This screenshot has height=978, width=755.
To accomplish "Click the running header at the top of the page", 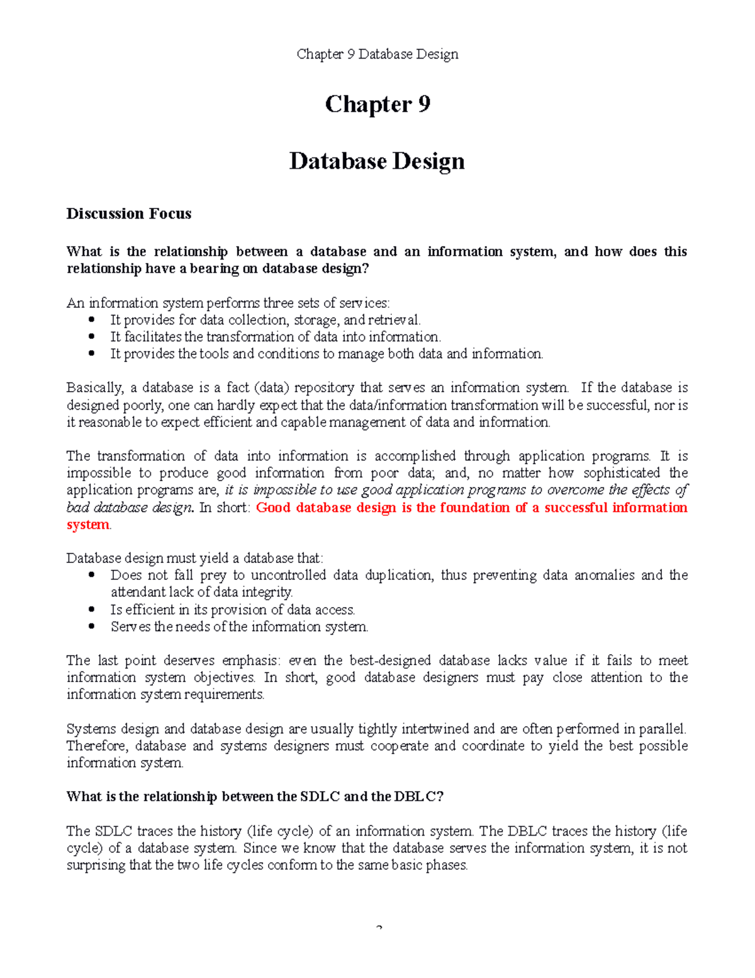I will [377, 54].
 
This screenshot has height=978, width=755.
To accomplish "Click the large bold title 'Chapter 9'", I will [377, 104].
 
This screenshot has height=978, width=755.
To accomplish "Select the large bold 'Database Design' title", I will [377, 161].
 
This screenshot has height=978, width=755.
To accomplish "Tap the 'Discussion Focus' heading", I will [129, 213].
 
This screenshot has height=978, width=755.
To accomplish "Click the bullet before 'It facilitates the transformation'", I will [92, 336].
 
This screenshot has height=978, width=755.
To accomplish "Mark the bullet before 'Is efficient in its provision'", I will [92, 609].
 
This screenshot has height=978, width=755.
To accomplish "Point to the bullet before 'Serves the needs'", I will [92, 626].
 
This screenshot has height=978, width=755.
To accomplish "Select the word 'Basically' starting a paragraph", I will [94, 387].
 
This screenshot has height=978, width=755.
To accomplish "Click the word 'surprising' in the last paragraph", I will [96, 865].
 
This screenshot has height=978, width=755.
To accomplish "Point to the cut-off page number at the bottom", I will [379, 927].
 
